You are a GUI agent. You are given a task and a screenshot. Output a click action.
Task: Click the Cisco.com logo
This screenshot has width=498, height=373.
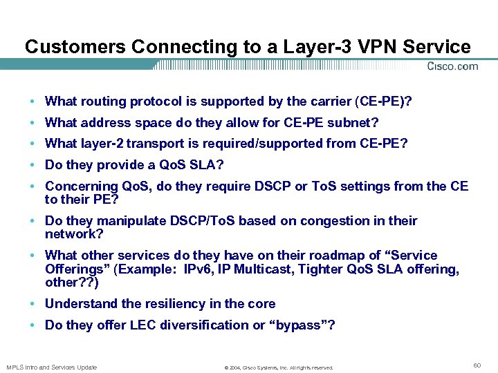(452, 66)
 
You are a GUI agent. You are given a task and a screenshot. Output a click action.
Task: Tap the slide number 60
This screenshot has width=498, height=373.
(477, 364)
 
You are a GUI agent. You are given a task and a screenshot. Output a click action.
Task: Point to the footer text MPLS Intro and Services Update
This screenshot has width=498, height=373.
(52, 367)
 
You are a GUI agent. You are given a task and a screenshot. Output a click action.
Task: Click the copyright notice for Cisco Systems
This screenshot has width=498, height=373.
(279, 367)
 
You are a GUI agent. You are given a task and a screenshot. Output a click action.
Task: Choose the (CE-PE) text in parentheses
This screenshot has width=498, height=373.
(382, 102)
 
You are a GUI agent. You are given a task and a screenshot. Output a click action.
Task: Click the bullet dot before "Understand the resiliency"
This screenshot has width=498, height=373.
(33, 304)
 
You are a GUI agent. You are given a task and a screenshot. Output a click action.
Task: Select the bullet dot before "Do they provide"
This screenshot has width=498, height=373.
(33, 165)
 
